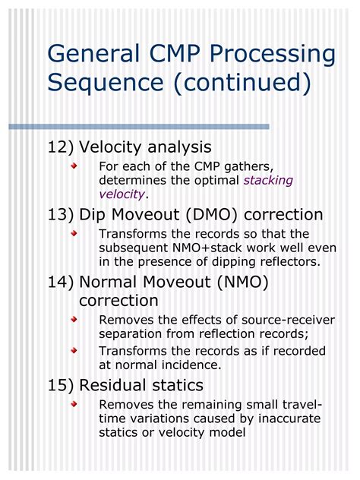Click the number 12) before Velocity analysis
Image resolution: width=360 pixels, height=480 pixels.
tap(61, 147)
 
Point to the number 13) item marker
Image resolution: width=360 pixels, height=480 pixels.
tap(61, 215)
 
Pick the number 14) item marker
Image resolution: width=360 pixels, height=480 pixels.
tap(61, 283)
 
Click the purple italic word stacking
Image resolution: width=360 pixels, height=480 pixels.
tap(268, 181)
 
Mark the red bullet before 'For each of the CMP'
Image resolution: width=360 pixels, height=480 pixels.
tap(74, 166)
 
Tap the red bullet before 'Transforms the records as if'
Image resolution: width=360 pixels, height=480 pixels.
tap(74, 351)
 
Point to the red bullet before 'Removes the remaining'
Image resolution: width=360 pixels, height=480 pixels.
tap(74, 404)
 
